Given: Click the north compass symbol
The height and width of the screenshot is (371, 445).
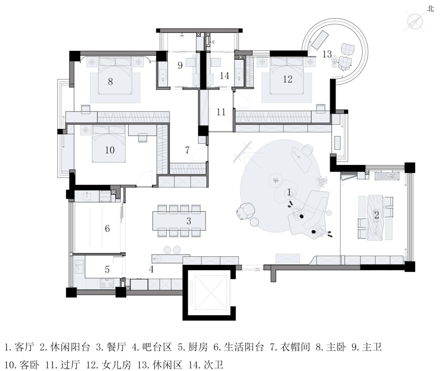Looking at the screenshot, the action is pyautogui.click(x=415, y=22).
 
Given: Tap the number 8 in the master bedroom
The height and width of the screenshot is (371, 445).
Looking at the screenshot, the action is pyautogui.click(x=110, y=82).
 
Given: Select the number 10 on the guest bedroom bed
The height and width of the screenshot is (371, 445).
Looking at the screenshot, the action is pyautogui.click(x=110, y=150).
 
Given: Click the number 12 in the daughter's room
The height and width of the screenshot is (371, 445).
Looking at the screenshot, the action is pyautogui.click(x=287, y=79).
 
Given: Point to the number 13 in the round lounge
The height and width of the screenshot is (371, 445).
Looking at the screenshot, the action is pyautogui.click(x=327, y=54).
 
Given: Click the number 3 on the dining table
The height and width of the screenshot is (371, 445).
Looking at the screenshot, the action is pyautogui.click(x=189, y=221).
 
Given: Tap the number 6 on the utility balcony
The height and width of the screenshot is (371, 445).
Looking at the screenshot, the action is pyautogui.click(x=107, y=228).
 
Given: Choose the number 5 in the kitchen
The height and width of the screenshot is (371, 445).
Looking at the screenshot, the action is pyautogui.click(x=107, y=269).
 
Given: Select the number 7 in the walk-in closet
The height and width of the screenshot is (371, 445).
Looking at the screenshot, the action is pyautogui.click(x=187, y=150).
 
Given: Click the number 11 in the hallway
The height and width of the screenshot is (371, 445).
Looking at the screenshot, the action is pyautogui.click(x=221, y=112).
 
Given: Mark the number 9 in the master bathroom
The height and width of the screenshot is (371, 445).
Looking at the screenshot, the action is pyautogui.click(x=180, y=66).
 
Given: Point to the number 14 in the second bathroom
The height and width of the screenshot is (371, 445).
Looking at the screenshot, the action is pyautogui.click(x=224, y=75).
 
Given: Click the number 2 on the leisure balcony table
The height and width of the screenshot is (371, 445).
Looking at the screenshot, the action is pyautogui.click(x=376, y=215).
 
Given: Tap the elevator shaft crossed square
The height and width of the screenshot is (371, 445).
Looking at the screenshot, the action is pyautogui.click(x=210, y=293).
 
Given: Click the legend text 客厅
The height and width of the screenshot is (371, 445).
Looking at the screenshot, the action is pyautogui.click(x=24, y=347).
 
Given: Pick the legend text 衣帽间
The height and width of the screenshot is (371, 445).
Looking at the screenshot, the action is pyautogui.click(x=295, y=347).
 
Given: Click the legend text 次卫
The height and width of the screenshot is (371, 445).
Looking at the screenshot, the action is pyautogui.click(x=214, y=365).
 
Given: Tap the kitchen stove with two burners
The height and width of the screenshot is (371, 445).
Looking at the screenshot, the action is pyautogui.click(x=107, y=282).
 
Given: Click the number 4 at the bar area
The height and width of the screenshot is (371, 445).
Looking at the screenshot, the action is pyautogui.click(x=152, y=269).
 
